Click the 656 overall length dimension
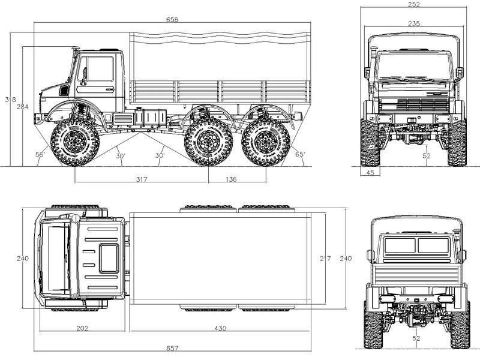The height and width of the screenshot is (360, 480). click(172, 19)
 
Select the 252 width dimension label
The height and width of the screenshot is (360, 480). click(413, 4)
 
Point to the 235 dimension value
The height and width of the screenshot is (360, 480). click(413, 23)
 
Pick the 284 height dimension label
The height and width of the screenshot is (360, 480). click(22, 107)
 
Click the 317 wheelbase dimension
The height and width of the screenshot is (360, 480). click(142, 178)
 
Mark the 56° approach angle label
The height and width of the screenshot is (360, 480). click(40, 155)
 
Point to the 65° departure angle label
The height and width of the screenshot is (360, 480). click(301, 155)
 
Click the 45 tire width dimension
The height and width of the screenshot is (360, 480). click(370, 173)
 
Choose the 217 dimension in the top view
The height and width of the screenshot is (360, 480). click(325, 259)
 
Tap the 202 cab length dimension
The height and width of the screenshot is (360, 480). click(83, 329)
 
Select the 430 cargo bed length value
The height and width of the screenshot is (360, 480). click(221, 329)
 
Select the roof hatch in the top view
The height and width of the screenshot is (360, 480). click(109, 258)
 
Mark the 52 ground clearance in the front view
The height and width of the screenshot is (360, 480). click(426, 156)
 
